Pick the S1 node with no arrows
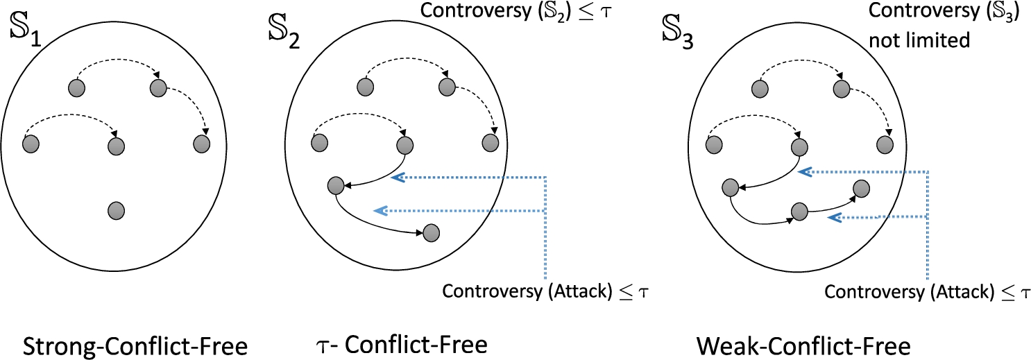coord(117,209)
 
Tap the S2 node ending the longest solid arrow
coord(430,232)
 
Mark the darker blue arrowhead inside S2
coord(398,178)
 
